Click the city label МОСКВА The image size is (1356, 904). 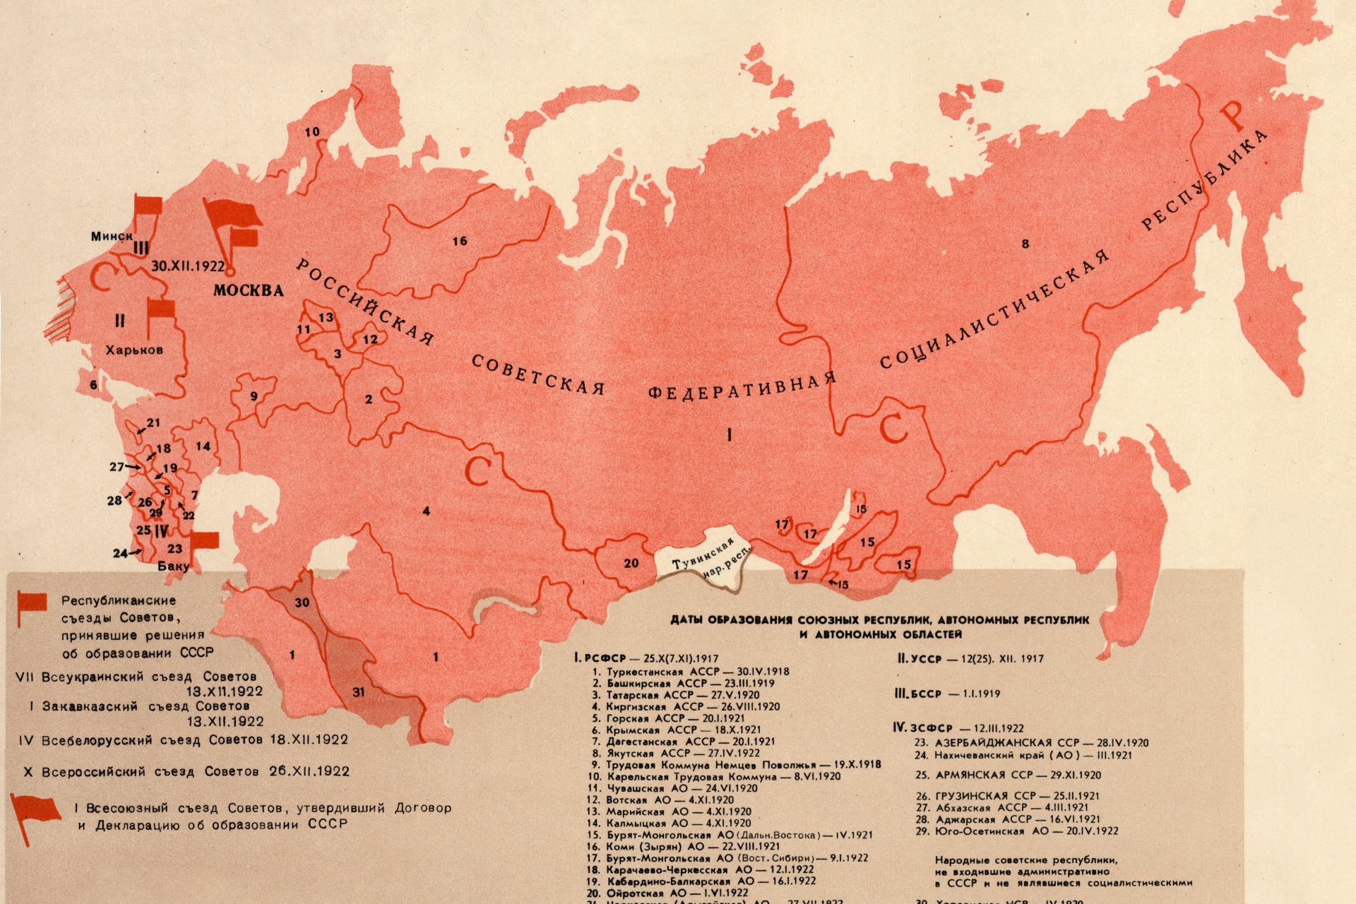tap(249, 291)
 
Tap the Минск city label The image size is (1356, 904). tap(112, 236)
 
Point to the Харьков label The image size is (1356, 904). tap(134, 350)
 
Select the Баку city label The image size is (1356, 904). tap(173, 566)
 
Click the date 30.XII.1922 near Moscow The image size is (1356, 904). tap(188, 266)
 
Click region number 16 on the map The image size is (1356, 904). tap(460, 242)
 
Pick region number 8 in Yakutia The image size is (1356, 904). tap(1025, 244)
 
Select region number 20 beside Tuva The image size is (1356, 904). tap(631, 563)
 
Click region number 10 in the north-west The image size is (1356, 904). tap(311, 132)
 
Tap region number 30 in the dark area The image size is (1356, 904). tap(302, 602)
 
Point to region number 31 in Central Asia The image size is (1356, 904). tap(359, 692)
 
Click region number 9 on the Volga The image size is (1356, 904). tap(254, 397)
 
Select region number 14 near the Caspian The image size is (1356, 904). tap(203, 446)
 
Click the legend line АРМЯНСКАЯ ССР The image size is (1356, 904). tap(1017, 775)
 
